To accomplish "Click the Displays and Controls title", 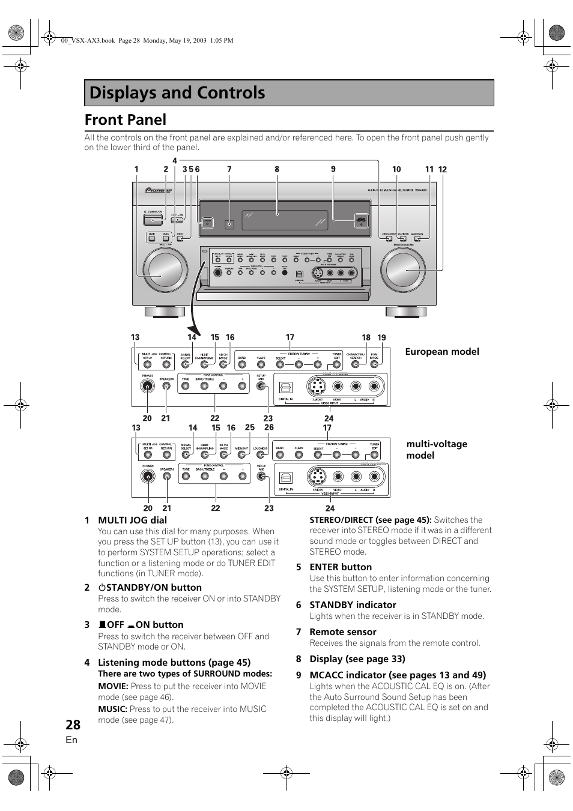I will click(177, 93).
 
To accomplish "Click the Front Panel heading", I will click(126, 120).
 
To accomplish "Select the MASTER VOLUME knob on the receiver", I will click(406, 270).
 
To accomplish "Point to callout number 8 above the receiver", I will click(277, 169).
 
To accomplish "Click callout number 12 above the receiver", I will click(443, 170).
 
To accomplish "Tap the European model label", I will click(441, 352).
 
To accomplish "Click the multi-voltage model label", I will click(437, 449).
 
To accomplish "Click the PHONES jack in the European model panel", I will click(148, 387).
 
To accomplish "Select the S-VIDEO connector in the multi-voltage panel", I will click(317, 477).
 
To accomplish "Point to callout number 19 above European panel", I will click(381, 338).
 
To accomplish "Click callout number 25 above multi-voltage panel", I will click(250, 427).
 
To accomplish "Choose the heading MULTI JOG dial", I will click(132, 520).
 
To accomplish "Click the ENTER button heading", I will click(340, 567).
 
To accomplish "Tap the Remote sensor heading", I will click(342, 632).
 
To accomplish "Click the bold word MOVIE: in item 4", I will click(113, 686).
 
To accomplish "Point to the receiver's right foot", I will click(405, 312).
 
